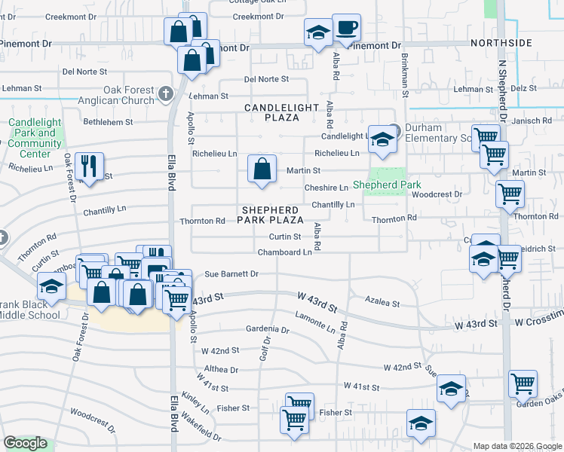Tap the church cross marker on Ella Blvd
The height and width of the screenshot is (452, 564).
(167, 94)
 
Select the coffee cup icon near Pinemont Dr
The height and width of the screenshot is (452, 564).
(346, 29)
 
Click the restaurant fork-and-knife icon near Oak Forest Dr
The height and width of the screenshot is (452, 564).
(90, 166)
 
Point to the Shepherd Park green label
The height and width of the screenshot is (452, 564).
(387, 185)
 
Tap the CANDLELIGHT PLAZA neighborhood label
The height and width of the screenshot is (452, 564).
(282, 112)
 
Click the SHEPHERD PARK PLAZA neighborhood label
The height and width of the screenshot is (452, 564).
(271, 214)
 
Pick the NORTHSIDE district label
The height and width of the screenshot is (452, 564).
(501, 43)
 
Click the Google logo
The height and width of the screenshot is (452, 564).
(25, 443)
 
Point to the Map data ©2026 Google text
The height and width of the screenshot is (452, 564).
(517, 446)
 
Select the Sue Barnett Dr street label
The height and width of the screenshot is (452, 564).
(231, 274)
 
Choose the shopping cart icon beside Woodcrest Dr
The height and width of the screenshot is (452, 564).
(510, 194)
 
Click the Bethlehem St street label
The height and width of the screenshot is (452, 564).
(108, 121)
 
